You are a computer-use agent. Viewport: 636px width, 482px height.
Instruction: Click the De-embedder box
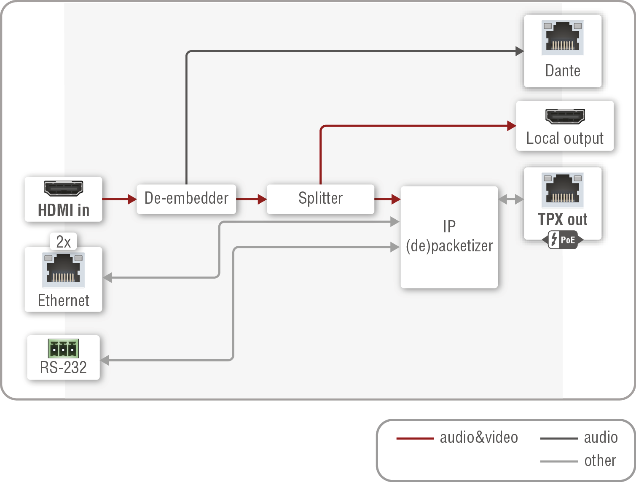(x=186, y=199)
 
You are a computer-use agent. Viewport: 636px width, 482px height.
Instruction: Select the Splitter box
(x=320, y=199)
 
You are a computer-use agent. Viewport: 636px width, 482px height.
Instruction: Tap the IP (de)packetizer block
(x=449, y=237)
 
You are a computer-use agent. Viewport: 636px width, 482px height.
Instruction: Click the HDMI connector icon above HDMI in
(x=63, y=188)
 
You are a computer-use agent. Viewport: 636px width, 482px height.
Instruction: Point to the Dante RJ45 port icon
(x=563, y=38)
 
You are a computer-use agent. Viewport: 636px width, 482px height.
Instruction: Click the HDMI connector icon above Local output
(x=565, y=116)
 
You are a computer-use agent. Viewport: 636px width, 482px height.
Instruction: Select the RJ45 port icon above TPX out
(x=563, y=190)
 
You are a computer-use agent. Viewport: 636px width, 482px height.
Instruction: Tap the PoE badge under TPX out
(x=563, y=240)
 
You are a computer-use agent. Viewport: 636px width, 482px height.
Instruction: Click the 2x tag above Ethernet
(x=63, y=242)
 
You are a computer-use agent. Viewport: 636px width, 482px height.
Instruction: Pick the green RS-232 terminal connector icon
(x=63, y=348)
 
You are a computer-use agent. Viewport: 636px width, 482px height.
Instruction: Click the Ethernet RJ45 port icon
(x=63, y=270)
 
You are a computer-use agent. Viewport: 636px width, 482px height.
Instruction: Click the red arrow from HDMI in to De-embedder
(x=119, y=199)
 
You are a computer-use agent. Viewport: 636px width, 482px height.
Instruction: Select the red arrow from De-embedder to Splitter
(x=251, y=199)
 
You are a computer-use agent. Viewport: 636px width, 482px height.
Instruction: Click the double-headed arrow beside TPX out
(x=511, y=199)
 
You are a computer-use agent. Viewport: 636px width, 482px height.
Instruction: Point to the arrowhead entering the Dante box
(x=520, y=51)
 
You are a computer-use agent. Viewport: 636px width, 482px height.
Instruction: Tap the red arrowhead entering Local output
(x=512, y=126)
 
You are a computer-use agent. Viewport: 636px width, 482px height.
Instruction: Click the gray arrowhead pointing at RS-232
(x=105, y=360)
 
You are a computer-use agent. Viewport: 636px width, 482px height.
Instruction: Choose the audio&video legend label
(x=479, y=438)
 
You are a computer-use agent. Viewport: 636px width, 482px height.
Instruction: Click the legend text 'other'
(x=600, y=460)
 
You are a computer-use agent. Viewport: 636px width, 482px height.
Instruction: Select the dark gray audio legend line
(x=558, y=439)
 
